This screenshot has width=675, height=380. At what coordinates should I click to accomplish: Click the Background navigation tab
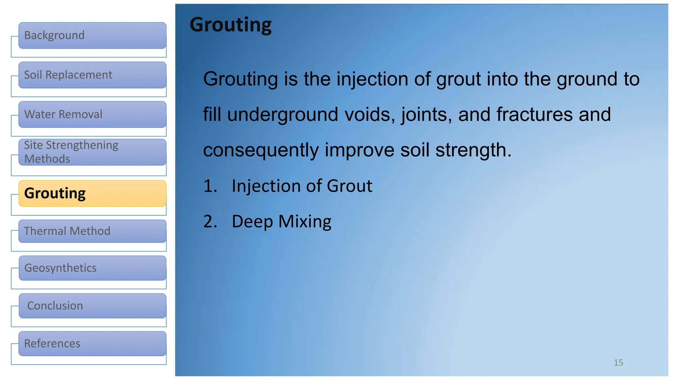tap(92, 36)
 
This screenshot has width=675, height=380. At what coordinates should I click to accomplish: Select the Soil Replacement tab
tap(92, 75)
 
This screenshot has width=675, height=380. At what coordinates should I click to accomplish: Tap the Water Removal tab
tap(92, 114)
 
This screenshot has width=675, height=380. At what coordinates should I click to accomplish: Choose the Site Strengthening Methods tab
tap(92, 152)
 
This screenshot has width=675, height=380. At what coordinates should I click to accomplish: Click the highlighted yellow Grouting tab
tap(92, 194)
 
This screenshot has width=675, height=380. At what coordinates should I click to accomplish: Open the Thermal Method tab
tap(92, 231)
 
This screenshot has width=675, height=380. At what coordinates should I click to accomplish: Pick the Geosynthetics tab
tap(92, 268)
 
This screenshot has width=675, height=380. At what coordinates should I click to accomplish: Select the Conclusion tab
tap(92, 306)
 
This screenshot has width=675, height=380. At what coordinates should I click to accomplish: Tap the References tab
tap(92, 344)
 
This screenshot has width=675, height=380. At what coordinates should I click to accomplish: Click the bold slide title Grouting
tap(231, 25)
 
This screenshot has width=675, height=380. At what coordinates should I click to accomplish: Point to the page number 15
tap(618, 363)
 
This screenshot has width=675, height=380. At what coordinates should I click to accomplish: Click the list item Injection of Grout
tap(302, 186)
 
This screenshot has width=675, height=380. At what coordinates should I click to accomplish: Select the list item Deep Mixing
tap(281, 221)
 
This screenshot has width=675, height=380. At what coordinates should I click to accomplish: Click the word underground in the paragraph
tap(283, 115)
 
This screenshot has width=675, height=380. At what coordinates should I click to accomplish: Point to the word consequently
tap(261, 150)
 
